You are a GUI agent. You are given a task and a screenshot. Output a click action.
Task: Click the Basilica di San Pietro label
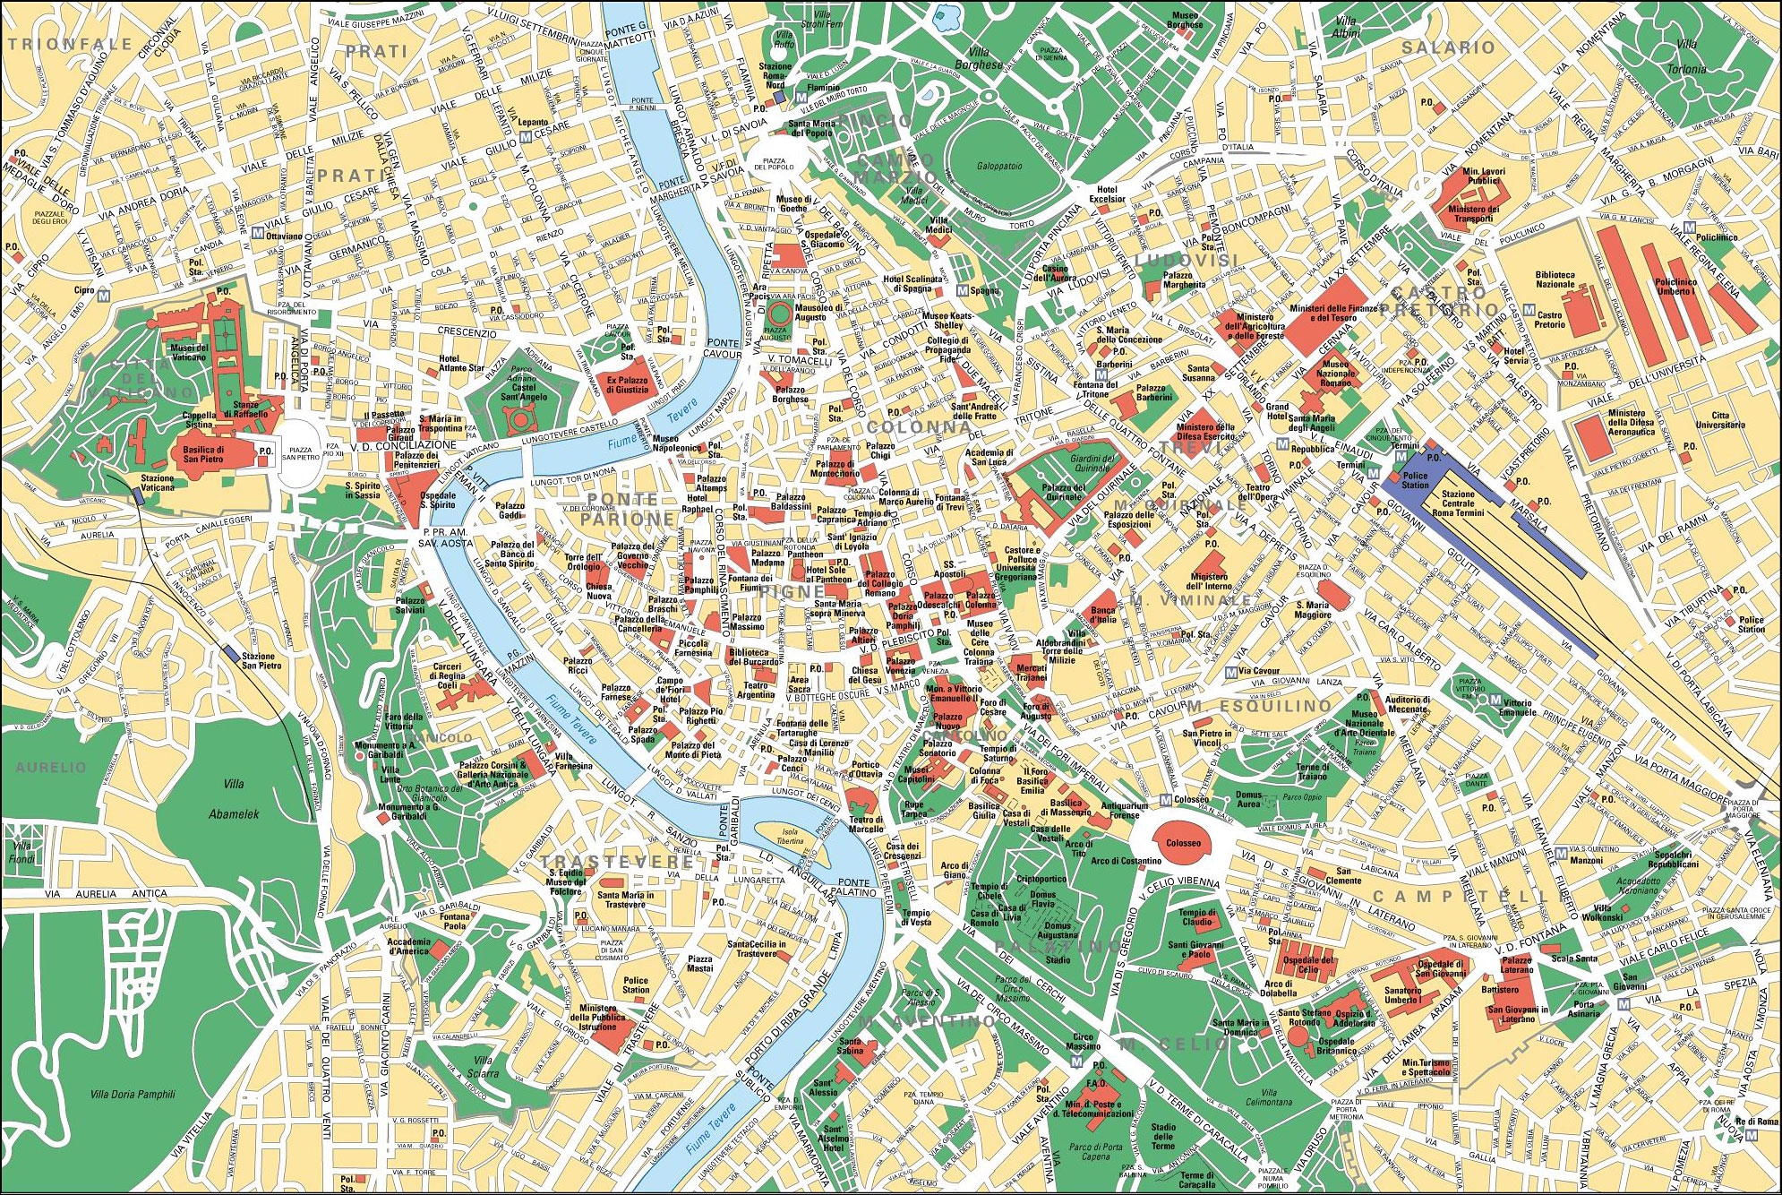coord(203,454)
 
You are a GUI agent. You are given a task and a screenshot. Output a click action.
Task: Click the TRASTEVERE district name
coord(617,861)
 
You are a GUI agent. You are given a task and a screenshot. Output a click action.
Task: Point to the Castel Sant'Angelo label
coord(523,391)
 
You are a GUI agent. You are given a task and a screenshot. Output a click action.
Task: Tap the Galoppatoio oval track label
coord(999,166)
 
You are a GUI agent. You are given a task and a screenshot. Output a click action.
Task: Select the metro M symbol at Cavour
coord(1232,672)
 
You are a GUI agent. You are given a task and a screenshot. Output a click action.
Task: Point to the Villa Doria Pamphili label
coord(133,1094)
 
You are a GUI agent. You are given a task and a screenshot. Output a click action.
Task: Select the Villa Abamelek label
coord(234,798)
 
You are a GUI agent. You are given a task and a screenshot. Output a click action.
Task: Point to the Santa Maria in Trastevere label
coord(625,899)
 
